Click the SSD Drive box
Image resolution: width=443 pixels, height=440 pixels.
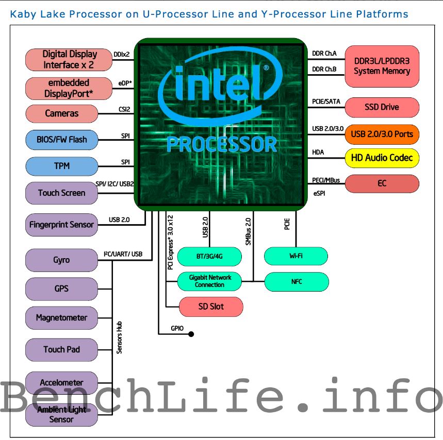tap(382, 107)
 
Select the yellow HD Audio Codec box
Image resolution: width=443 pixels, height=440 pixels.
tap(382, 158)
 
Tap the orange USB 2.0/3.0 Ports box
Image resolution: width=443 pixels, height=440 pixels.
tap(382, 134)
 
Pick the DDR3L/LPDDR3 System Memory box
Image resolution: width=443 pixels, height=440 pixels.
tap(382, 66)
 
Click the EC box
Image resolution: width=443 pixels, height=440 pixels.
tap(382, 183)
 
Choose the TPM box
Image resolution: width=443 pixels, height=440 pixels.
tap(61, 166)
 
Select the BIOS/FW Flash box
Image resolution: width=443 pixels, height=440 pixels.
tap(61, 139)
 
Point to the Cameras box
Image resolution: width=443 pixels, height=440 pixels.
tap(61, 113)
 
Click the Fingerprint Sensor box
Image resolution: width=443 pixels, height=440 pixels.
tap(61, 225)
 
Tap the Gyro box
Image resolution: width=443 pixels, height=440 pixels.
tap(61, 260)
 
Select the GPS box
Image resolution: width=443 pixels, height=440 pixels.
tap(61, 289)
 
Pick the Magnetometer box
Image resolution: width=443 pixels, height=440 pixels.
tap(61, 317)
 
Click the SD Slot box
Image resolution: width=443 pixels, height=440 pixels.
tap(210, 307)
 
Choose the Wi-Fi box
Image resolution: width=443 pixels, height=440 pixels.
tap(296, 256)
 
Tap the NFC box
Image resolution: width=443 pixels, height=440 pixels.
tap(296, 282)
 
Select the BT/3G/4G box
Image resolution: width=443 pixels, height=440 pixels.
tap(209, 256)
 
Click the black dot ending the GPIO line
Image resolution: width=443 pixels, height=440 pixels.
tap(191, 334)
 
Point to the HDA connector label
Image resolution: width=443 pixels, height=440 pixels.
tap(318, 153)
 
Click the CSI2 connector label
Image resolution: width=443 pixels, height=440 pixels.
tap(124, 109)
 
